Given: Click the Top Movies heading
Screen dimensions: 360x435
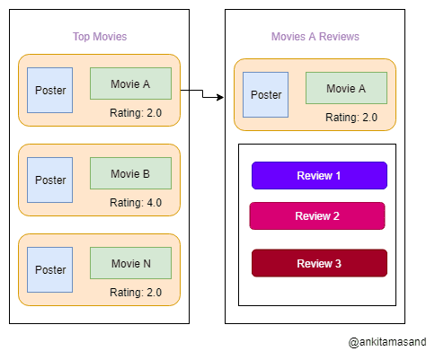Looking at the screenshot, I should (100, 37).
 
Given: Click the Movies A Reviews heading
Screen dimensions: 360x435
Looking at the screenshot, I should (315, 37).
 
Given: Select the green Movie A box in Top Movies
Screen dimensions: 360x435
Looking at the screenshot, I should (130, 83).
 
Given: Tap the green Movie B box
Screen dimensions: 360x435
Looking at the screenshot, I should (130, 173).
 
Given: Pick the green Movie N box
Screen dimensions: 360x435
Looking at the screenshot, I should (130, 263).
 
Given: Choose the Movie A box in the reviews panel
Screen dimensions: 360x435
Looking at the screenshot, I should (346, 88).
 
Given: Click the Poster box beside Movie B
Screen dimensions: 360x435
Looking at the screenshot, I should (50, 180).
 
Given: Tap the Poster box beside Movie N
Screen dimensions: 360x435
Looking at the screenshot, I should (50, 269).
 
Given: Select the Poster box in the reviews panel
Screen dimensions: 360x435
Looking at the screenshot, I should (266, 95).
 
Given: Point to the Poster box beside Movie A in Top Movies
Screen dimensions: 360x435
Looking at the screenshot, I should (50, 90).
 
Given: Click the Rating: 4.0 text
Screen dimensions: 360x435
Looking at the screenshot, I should (136, 203).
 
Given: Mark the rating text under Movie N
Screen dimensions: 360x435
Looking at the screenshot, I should (136, 293).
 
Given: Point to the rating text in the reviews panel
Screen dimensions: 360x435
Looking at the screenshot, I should (351, 118).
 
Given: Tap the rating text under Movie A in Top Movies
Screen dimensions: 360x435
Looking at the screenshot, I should (136, 113).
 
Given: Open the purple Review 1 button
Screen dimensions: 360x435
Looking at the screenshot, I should (319, 175).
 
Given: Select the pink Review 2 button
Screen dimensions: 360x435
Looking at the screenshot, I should (317, 215).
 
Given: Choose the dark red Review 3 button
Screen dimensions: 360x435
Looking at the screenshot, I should (319, 263).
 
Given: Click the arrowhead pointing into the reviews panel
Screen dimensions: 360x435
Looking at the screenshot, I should (219, 97).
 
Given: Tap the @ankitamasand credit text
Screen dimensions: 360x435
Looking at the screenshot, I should (387, 342).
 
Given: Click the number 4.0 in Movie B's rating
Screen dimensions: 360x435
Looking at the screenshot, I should (153, 203).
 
